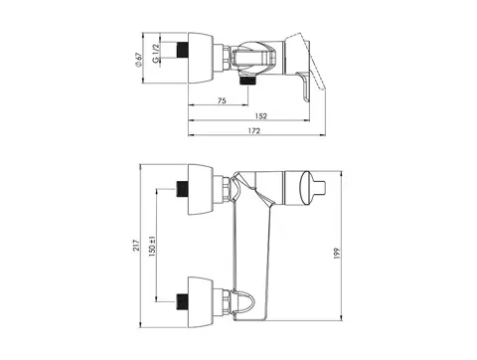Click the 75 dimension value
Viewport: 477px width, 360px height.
coord(223,100)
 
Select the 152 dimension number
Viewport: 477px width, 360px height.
coord(261,116)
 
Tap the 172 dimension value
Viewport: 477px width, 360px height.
coord(254,130)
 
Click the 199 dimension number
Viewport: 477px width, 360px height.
coord(337,253)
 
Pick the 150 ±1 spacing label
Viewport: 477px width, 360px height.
coord(152,247)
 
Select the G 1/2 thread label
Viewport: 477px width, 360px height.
coord(156,53)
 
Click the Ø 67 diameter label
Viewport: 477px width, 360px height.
coord(138,60)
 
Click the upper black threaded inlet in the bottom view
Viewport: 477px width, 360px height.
coord(182,189)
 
